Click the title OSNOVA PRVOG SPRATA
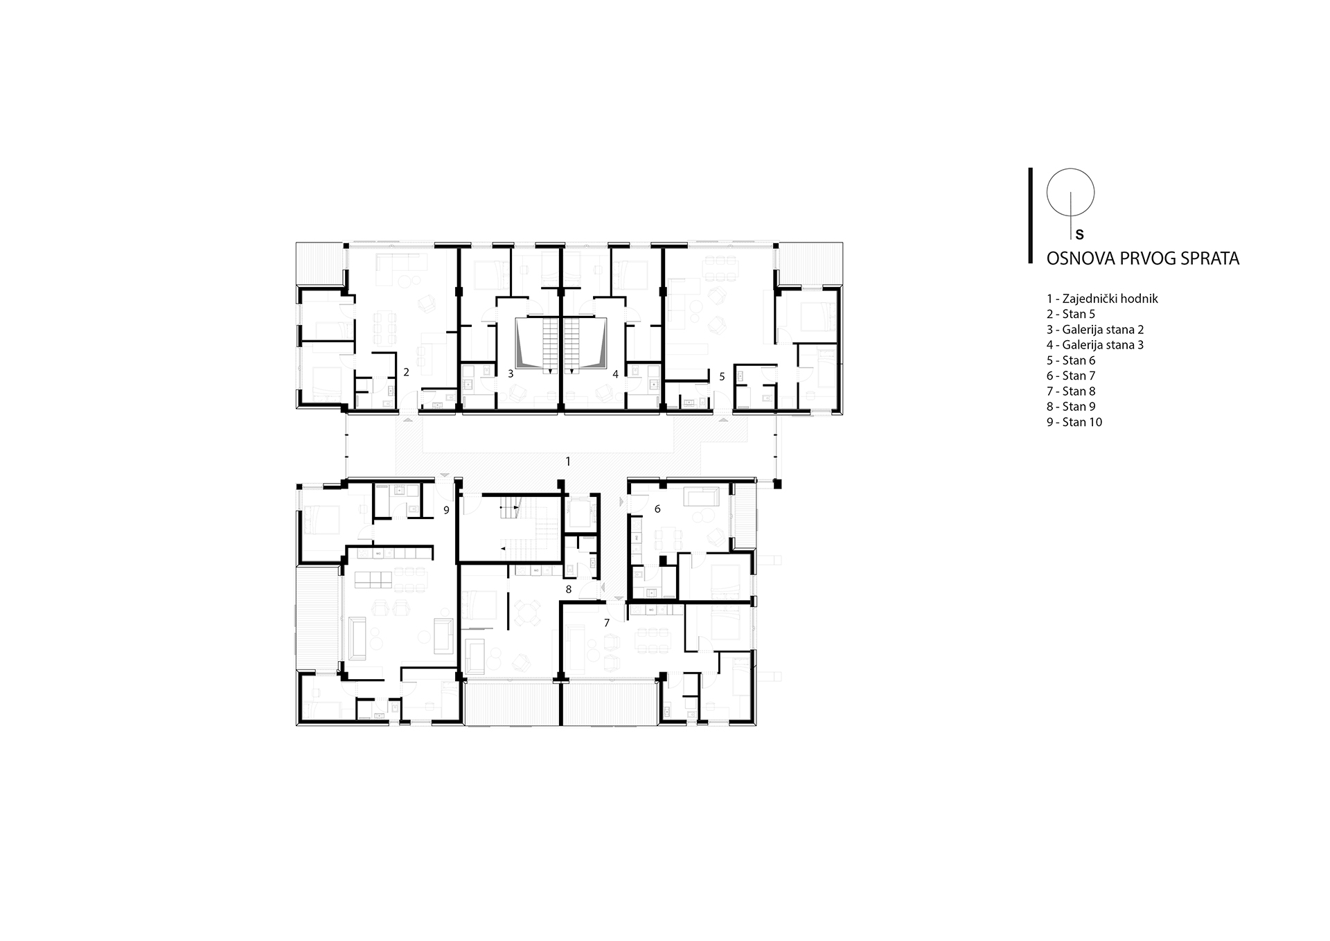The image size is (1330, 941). (x=1142, y=258)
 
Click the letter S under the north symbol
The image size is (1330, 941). (x=1079, y=235)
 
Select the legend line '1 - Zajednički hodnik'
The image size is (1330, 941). (x=1102, y=299)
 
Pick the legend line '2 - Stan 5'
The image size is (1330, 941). (x=1071, y=314)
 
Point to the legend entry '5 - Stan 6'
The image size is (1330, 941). (x=1071, y=360)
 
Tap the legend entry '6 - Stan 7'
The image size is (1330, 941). (x=1071, y=376)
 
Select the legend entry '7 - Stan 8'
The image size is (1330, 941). (x=1071, y=392)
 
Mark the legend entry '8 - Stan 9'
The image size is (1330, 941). (x=1071, y=407)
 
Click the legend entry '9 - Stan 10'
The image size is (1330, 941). (x=1074, y=422)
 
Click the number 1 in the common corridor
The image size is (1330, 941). (x=568, y=461)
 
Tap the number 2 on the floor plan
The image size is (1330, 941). (x=406, y=372)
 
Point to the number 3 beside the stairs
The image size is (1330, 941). (x=511, y=373)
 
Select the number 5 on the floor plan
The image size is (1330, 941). (x=722, y=377)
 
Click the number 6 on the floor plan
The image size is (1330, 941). (x=657, y=509)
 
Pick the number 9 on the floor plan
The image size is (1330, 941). (x=447, y=510)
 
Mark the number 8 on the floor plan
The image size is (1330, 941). (x=569, y=590)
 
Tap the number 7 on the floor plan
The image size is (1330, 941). (x=607, y=623)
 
